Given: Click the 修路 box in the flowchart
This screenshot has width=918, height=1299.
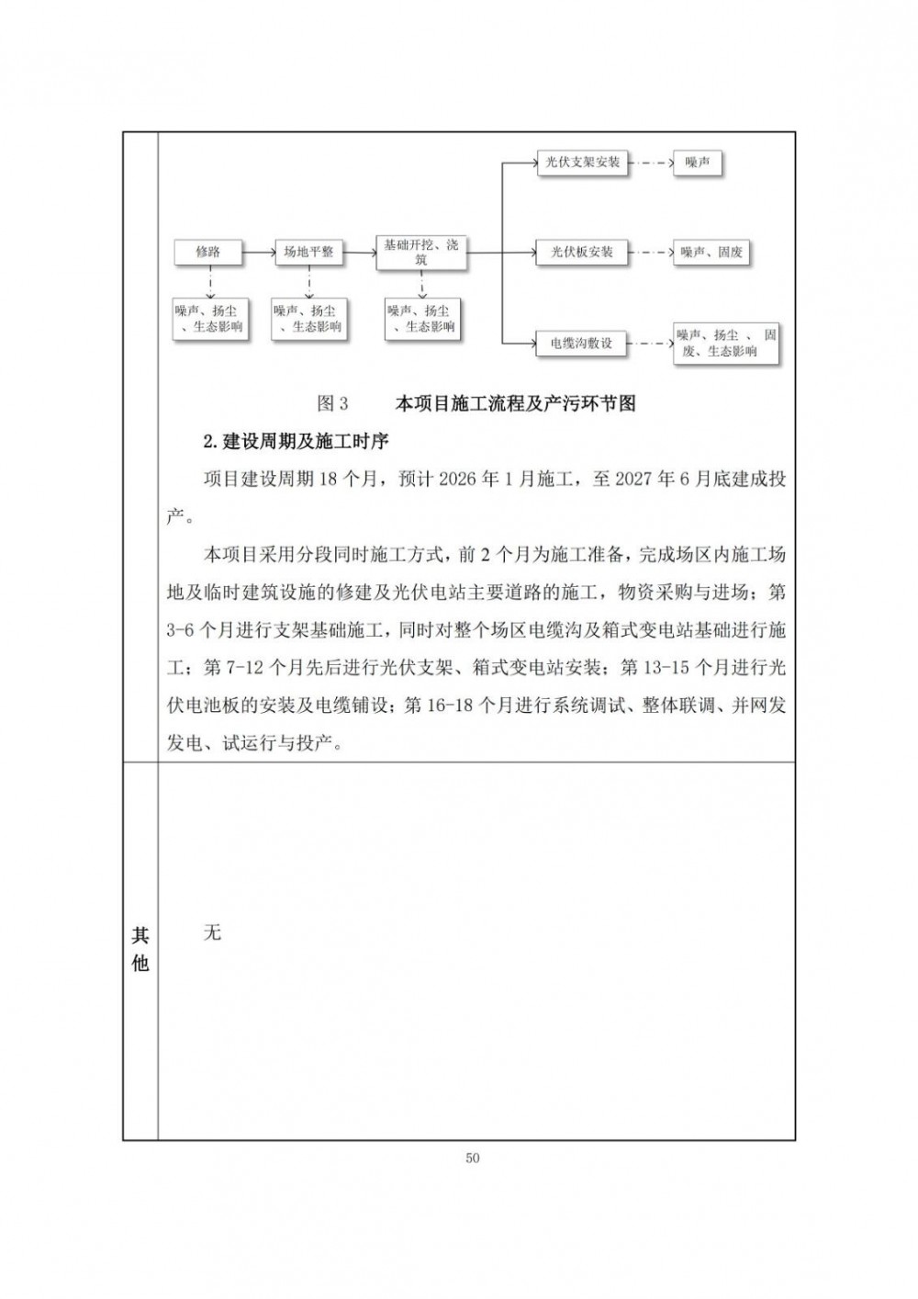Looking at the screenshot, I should tap(207, 252).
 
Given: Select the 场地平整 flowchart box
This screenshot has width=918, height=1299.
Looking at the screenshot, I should tap(308, 252).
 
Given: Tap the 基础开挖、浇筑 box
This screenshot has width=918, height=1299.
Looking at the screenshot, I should tap(421, 252).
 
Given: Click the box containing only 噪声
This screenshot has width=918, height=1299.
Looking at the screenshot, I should tap(698, 163).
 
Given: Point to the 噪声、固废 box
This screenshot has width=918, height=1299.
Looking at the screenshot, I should tap(712, 252).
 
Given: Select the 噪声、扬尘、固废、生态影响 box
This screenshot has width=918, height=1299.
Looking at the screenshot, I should tap(726, 343).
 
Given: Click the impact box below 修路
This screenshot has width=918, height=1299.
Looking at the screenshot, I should tap(209, 319).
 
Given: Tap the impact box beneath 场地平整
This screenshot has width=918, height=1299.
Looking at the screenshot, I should tap(308, 319).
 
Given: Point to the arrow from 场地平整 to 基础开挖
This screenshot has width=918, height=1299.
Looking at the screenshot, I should tap(360, 252).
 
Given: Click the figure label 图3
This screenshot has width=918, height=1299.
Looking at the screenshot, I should tap(332, 403).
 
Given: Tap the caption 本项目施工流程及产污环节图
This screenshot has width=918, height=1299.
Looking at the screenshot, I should tap(515, 403).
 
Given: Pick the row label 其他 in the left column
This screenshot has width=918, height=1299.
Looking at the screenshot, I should tap(140, 949).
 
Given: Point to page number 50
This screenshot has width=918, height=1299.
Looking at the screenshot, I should tap(473, 1158).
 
